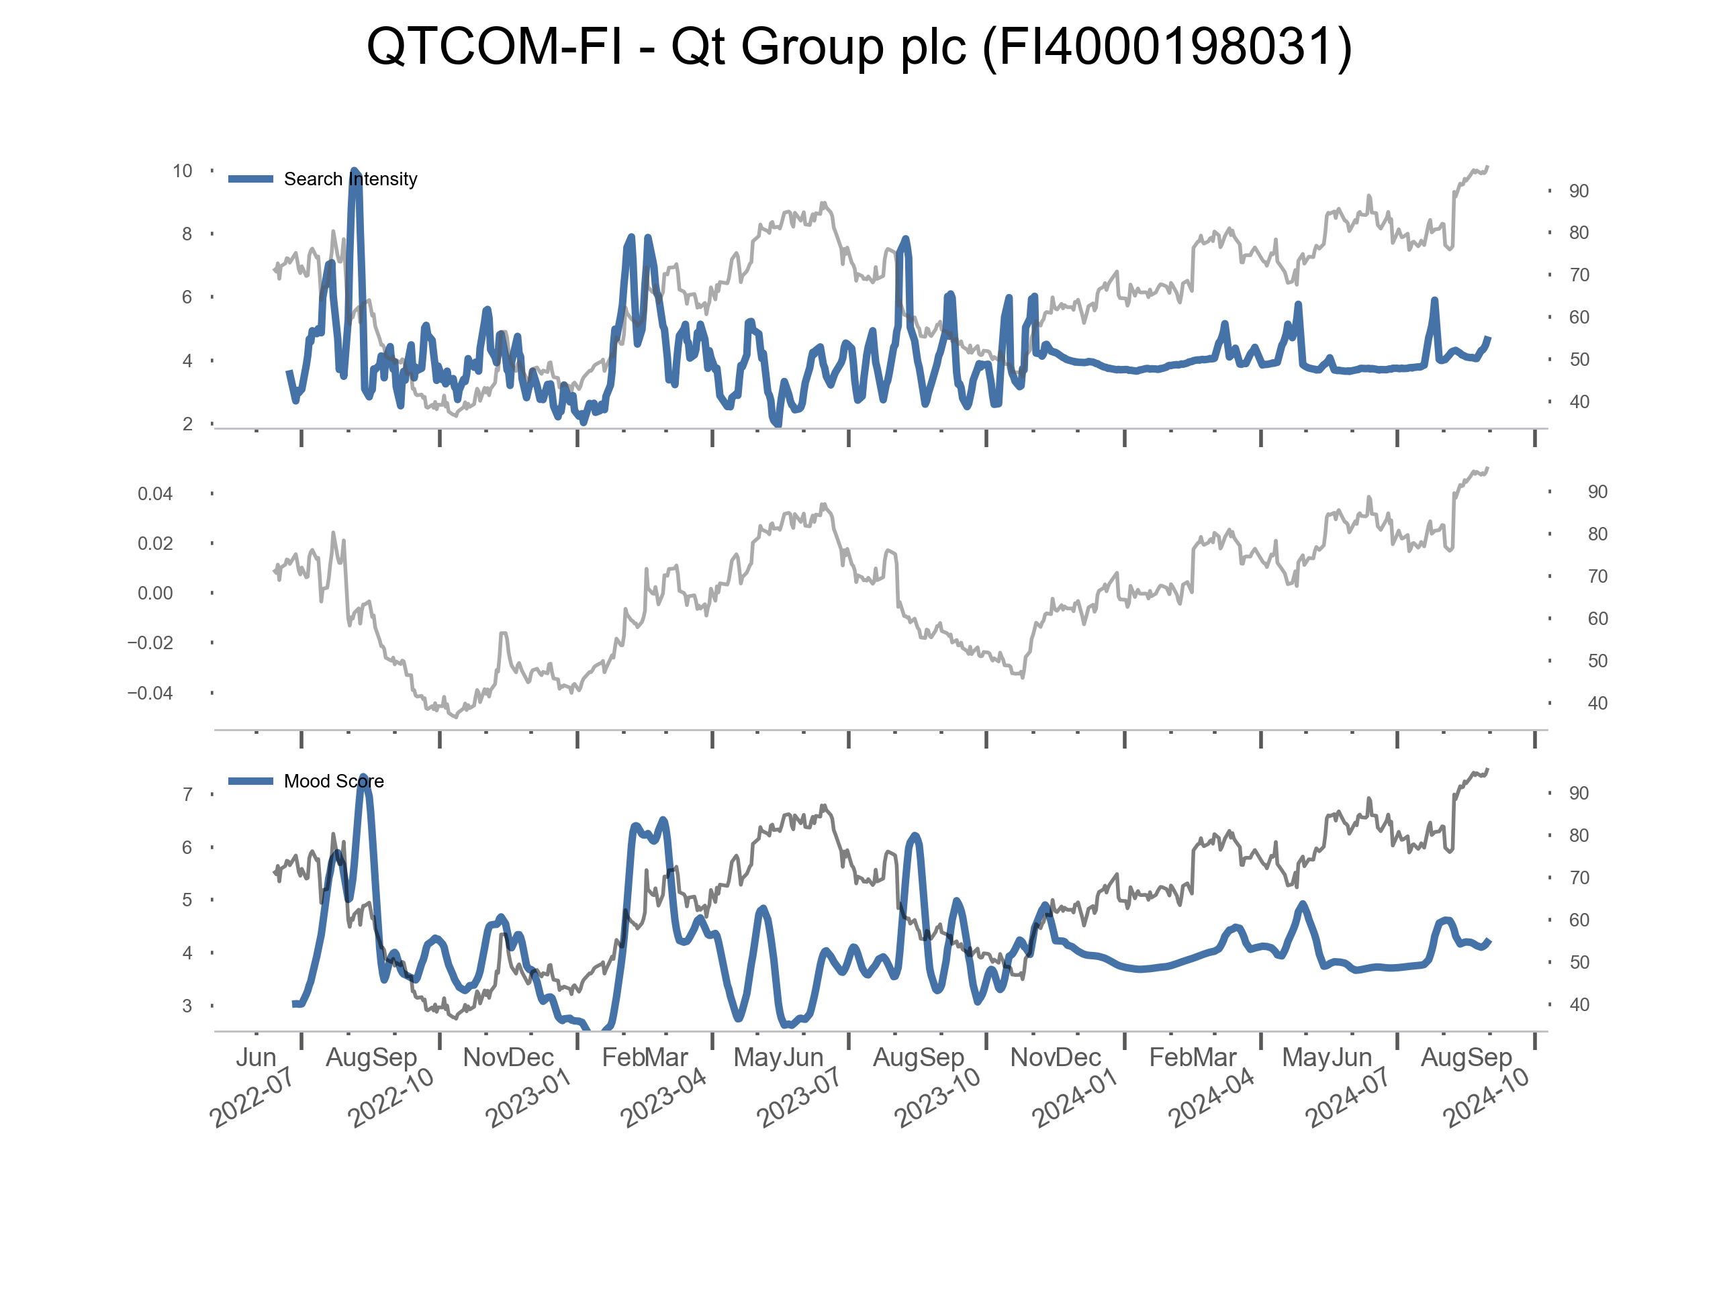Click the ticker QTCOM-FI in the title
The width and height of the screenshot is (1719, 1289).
494,46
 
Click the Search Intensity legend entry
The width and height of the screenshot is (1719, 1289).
350,179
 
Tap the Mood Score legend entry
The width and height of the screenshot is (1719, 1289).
333,781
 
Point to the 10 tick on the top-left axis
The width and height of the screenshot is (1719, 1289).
183,171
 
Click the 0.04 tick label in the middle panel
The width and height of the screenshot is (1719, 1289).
155,494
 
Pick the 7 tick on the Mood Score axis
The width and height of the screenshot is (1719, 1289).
187,795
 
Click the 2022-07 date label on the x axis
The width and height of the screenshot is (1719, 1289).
252,1097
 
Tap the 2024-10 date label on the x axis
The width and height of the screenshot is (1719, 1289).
1485,1097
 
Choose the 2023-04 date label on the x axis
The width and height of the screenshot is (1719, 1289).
663,1097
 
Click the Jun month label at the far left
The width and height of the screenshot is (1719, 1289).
256,1057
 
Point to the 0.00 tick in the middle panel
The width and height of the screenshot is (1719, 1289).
155,593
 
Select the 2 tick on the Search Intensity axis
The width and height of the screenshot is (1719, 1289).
187,424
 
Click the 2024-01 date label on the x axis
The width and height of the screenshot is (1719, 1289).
1074,1097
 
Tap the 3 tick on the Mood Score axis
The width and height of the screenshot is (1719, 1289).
187,1006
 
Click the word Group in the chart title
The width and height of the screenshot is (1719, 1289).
812,46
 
